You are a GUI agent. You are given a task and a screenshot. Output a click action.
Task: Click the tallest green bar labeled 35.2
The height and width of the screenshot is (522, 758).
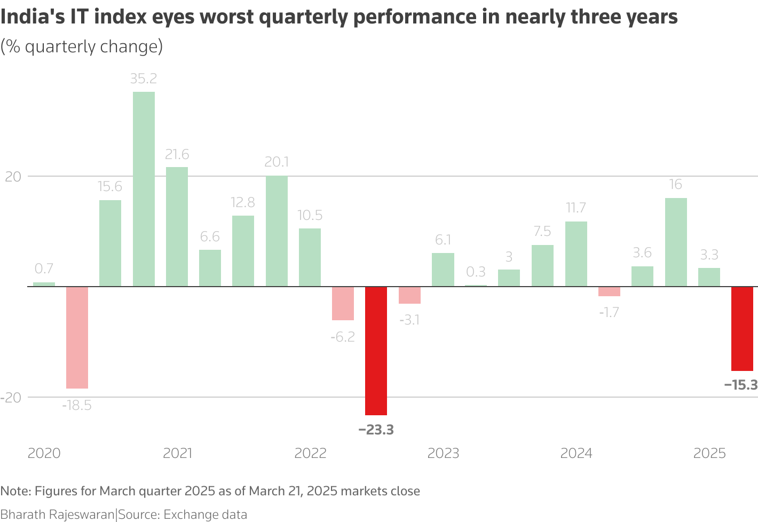144,189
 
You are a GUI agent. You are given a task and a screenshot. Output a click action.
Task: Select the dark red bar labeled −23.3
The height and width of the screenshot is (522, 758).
376,351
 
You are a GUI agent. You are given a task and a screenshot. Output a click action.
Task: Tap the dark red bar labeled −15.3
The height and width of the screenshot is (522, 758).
742,329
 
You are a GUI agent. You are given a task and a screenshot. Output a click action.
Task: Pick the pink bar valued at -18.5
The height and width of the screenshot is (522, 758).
77,337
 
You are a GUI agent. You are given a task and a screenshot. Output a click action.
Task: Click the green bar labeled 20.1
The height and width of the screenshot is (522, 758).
277,231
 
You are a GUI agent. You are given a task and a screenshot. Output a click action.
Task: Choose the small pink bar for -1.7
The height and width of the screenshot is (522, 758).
609,291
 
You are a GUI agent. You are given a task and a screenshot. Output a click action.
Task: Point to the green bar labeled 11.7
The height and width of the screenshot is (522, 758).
576,254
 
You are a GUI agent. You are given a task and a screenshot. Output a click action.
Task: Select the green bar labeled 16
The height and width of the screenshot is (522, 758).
676,242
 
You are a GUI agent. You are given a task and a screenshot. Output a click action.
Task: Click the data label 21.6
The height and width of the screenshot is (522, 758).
177,155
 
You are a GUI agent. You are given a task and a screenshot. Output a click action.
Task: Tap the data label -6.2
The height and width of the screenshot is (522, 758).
343,337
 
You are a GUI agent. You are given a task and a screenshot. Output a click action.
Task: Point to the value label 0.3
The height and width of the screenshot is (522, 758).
476,272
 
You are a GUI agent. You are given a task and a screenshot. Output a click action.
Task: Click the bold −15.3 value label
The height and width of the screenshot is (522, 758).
741,385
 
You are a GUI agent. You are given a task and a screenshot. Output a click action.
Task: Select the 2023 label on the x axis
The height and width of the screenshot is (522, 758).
443,454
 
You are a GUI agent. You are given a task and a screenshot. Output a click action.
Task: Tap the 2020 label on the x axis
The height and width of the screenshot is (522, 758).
44,454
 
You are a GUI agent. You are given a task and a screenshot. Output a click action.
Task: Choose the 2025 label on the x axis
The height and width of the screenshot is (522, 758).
709,454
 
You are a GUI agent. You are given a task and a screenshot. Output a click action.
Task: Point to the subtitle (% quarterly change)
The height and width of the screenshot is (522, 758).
82,47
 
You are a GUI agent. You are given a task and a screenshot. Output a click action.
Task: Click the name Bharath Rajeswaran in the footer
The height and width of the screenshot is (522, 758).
57,515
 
